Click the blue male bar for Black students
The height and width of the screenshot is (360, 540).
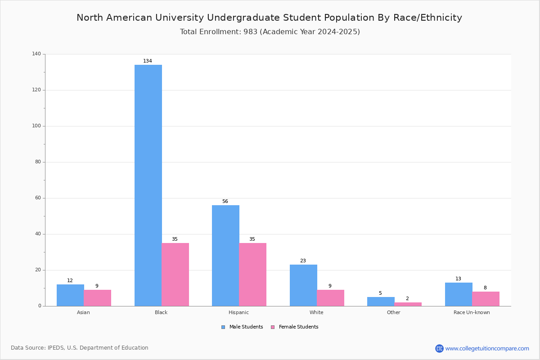click(148, 185)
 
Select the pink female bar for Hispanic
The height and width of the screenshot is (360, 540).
click(252, 274)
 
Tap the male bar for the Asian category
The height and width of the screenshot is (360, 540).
click(70, 295)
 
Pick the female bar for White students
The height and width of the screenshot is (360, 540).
click(330, 298)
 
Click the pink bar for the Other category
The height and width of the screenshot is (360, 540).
click(408, 304)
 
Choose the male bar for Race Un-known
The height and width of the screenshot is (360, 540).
click(459, 294)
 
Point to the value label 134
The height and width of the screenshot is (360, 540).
click(148, 61)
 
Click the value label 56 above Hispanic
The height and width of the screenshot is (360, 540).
click(225, 202)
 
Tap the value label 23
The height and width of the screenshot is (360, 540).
click(303, 261)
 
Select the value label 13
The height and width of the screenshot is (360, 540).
click(458, 279)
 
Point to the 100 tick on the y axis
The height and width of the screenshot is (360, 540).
click(36, 126)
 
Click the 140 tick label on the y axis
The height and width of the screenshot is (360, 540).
click(36, 54)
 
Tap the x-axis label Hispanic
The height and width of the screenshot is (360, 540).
click(238, 312)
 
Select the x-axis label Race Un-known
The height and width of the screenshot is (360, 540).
click(472, 312)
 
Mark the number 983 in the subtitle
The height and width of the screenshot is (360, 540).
click(250, 32)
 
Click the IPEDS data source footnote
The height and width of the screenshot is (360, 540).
click(79, 348)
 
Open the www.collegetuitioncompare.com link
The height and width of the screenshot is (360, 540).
click(487, 348)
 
